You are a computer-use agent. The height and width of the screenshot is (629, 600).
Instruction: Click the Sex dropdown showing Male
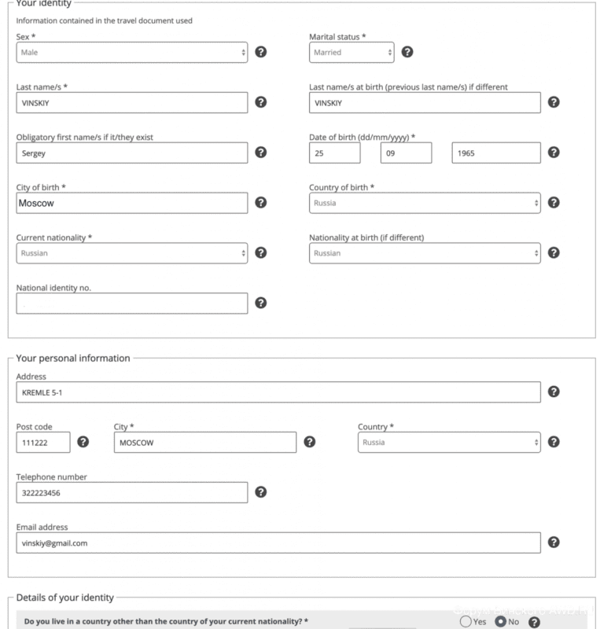coord(131,53)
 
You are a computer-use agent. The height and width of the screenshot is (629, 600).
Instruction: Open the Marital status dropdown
coord(352,53)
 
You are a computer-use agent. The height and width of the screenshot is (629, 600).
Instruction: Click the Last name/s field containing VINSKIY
coord(131,102)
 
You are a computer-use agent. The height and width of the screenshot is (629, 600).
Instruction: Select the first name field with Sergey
coord(131,153)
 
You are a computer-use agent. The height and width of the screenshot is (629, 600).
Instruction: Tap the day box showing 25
coord(334,153)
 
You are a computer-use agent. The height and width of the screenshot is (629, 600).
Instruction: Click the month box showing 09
coord(406,153)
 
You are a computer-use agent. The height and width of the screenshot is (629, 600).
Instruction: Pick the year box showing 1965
coord(496,153)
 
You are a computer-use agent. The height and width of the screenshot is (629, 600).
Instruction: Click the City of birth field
coord(131,203)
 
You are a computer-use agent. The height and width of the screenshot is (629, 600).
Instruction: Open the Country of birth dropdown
coord(425,203)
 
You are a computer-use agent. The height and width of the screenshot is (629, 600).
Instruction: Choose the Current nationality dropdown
coord(131,253)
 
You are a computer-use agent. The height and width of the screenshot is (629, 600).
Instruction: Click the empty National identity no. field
coord(131,303)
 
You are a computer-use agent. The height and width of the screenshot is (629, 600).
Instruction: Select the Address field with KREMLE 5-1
coord(278,392)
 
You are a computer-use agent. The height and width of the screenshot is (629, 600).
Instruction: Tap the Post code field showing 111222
coord(43,442)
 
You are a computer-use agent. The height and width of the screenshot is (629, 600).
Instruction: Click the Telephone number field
coord(131,492)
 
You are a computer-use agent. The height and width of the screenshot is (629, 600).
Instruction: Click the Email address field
coord(278,543)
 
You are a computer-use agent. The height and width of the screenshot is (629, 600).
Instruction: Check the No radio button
coord(500,622)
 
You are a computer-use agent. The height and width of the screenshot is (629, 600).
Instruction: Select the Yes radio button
coord(465,622)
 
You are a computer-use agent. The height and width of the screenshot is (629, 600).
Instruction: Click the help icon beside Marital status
coord(407,53)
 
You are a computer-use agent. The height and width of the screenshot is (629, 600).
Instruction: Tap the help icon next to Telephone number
coord(261,492)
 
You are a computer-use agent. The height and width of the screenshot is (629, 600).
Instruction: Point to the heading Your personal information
coord(73,359)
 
